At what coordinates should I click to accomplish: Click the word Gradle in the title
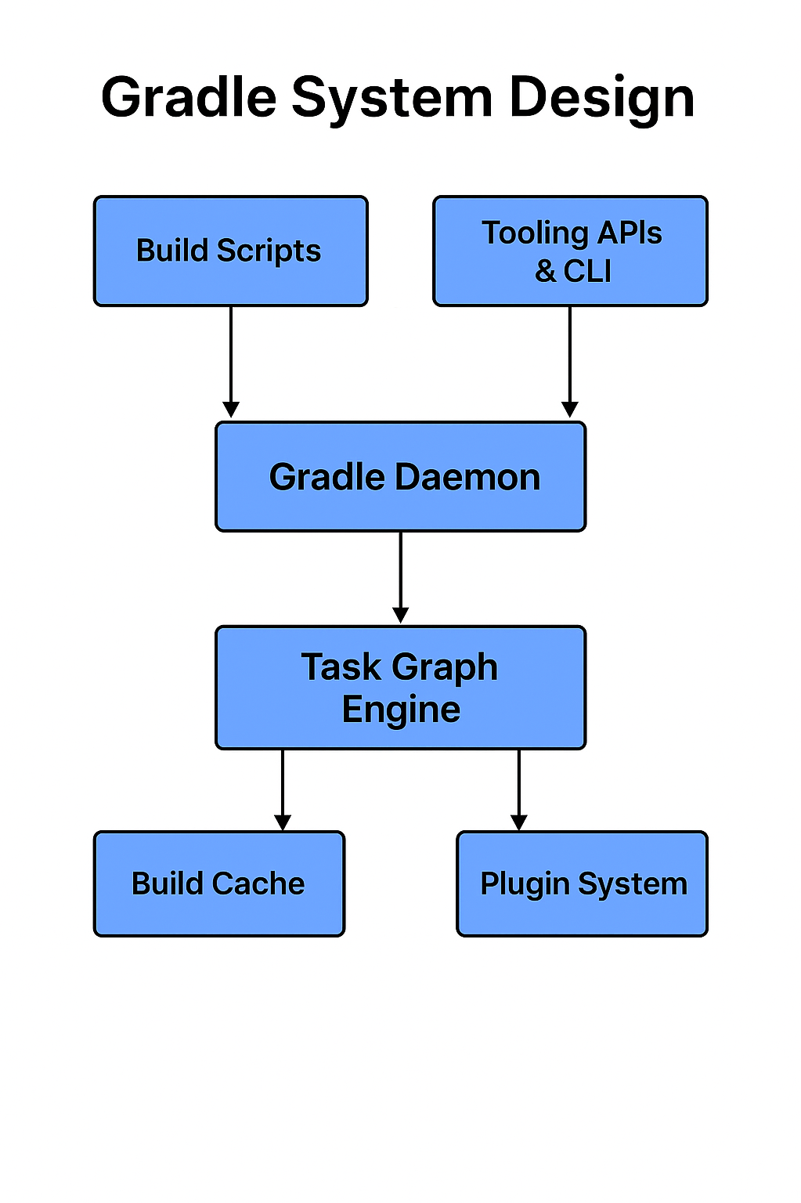189,99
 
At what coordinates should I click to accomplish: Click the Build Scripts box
230,251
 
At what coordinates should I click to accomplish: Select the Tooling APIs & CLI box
570,251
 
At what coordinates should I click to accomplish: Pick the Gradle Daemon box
400,477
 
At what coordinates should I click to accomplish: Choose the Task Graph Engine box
400,688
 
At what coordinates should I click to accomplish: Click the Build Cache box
219,883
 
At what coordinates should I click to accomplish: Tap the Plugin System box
582,883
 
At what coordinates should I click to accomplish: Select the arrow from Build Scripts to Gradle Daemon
230,360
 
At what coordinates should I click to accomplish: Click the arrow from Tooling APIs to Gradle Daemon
570,360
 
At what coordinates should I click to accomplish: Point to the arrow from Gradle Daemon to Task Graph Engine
401,576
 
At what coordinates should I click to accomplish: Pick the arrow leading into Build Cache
283,788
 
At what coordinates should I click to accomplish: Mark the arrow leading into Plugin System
519,788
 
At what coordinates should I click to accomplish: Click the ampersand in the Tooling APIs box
545,272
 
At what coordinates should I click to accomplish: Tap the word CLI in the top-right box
587,272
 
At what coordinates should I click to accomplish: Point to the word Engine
401,710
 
